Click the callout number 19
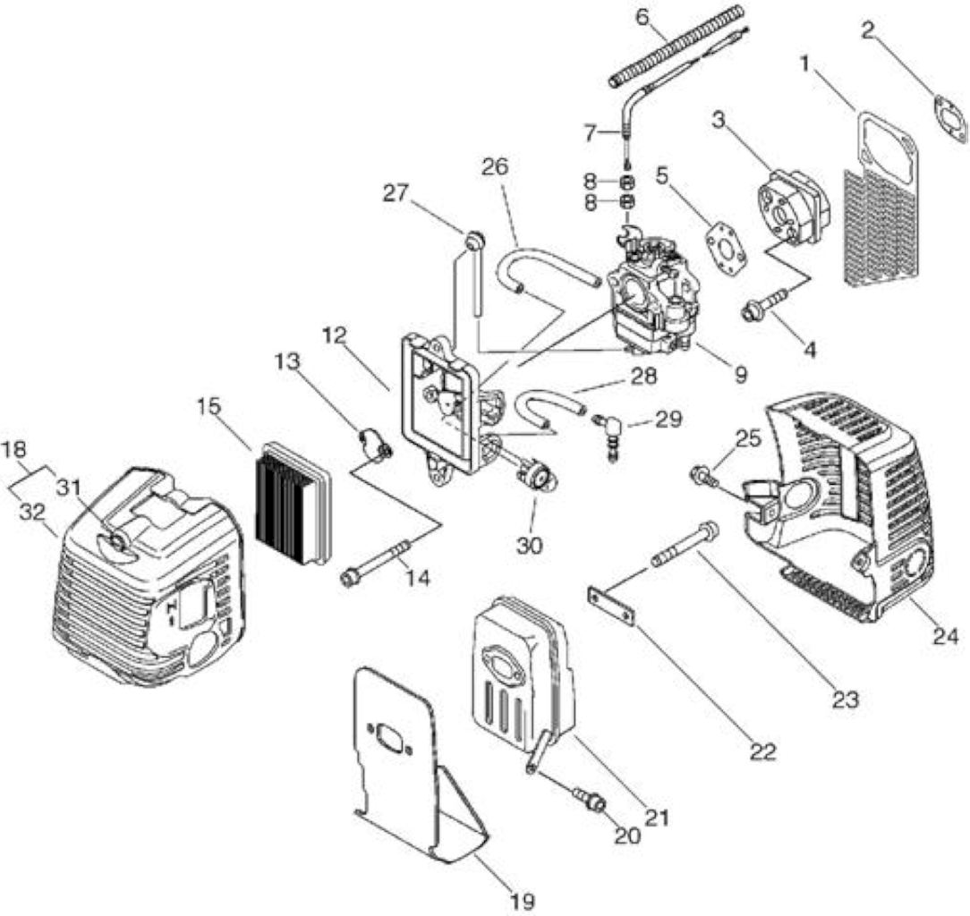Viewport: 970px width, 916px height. (x=522, y=900)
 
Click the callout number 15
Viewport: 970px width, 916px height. (x=208, y=408)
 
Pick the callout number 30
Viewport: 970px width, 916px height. (x=530, y=545)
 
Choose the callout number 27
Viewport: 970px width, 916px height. (x=396, y=193)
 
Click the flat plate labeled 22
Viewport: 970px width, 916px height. (x=611, y=606)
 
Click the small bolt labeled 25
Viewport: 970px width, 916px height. (x=702, y=476)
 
